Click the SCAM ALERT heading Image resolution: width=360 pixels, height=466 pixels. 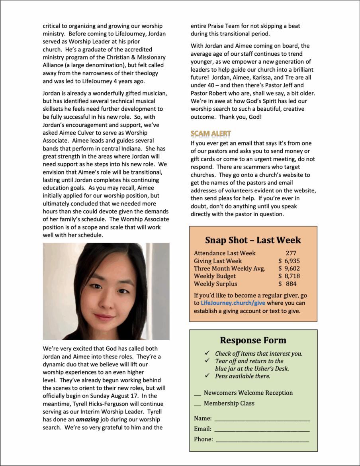211,133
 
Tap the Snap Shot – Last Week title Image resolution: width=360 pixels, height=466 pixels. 253,240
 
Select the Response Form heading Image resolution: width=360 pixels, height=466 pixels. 253,341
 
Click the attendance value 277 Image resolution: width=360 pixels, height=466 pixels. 291,253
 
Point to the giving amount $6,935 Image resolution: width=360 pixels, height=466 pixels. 289,261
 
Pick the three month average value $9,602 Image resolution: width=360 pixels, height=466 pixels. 289,268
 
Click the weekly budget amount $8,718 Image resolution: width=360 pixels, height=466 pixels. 289,276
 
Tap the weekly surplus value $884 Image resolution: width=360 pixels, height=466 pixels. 288,284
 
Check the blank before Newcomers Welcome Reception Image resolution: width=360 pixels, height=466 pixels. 197,394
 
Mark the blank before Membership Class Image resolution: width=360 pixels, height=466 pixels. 197,404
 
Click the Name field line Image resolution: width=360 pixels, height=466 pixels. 262,419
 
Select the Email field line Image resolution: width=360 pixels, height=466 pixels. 262,430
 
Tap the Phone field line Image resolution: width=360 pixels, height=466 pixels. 262,440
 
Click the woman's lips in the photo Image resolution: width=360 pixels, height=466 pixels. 104,317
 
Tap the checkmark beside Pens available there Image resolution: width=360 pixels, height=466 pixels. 207,376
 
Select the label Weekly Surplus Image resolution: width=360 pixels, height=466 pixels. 215,284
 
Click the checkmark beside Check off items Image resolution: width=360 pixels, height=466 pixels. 207,353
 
